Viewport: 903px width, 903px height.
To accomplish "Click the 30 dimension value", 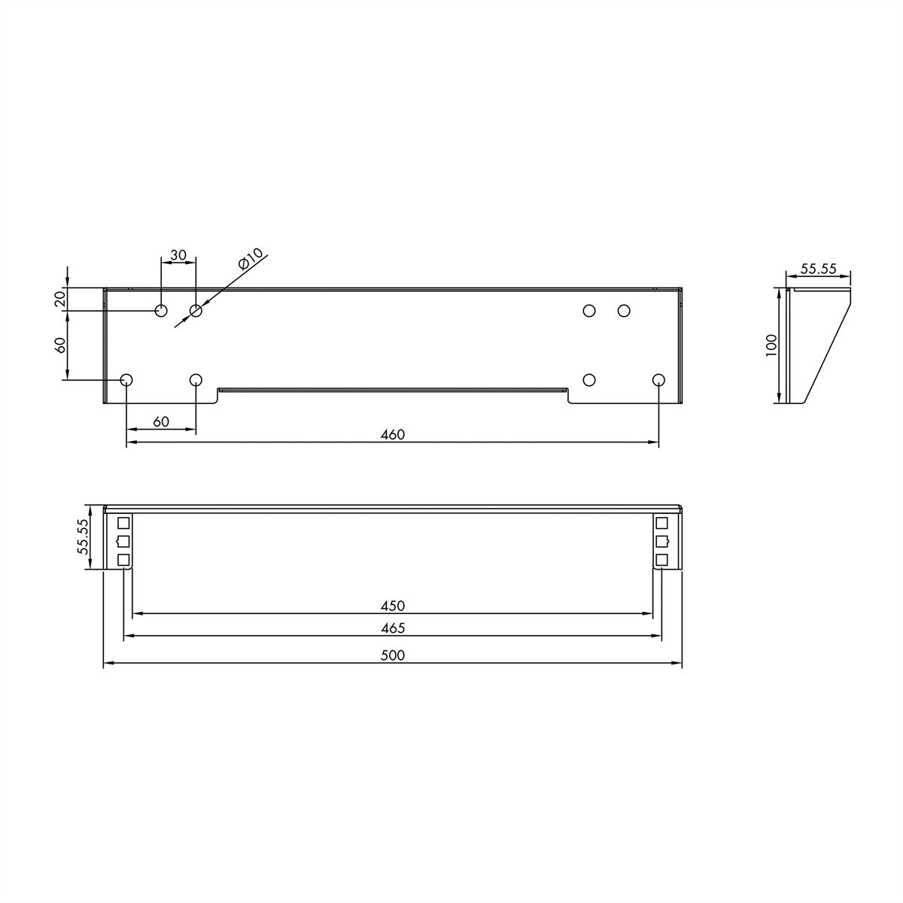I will pos(178,255).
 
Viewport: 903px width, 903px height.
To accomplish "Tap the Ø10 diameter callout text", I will pos(251,260).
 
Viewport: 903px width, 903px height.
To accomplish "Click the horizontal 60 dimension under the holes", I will pos(161,421).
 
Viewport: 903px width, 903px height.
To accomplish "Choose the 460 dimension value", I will pos(393,435).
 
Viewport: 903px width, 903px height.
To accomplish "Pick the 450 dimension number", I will pos(393,605).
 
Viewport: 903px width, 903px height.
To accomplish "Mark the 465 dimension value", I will pos(393,628).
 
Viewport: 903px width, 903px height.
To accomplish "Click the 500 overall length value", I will pos(393,655).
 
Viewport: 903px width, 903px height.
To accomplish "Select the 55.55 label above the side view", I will pos(818,269).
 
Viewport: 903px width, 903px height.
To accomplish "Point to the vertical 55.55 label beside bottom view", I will pos(84,537).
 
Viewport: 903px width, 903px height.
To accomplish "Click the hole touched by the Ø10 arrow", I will pos(196,311).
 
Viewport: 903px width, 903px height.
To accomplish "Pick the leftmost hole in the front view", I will pos(126,379).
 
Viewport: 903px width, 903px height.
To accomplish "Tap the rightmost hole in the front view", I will pos(658,379).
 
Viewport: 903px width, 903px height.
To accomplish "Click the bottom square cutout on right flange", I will pos(661,559).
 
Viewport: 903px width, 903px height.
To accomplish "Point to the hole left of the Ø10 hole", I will pos(161,311).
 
